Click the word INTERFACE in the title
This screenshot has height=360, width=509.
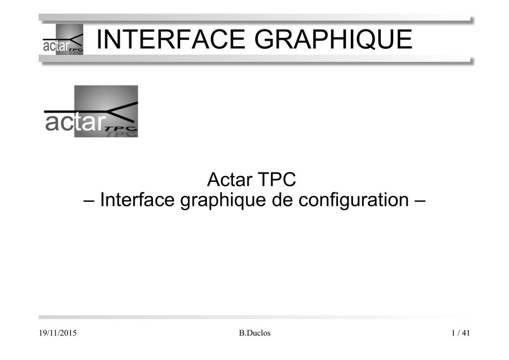point(171,39)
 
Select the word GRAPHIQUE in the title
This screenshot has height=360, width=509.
point(334,39)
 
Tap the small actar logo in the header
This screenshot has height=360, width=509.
point(63,39)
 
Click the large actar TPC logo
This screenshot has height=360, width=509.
point(91,111)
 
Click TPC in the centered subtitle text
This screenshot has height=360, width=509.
point(277,179)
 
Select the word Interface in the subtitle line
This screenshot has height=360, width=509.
point(137,199)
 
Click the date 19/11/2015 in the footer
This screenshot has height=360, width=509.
point(58,333)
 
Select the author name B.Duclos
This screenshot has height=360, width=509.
point(255,333)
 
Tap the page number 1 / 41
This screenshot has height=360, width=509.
point(461,333)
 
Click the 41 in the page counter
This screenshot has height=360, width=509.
point(466,333)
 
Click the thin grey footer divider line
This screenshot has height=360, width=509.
point(254,317)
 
